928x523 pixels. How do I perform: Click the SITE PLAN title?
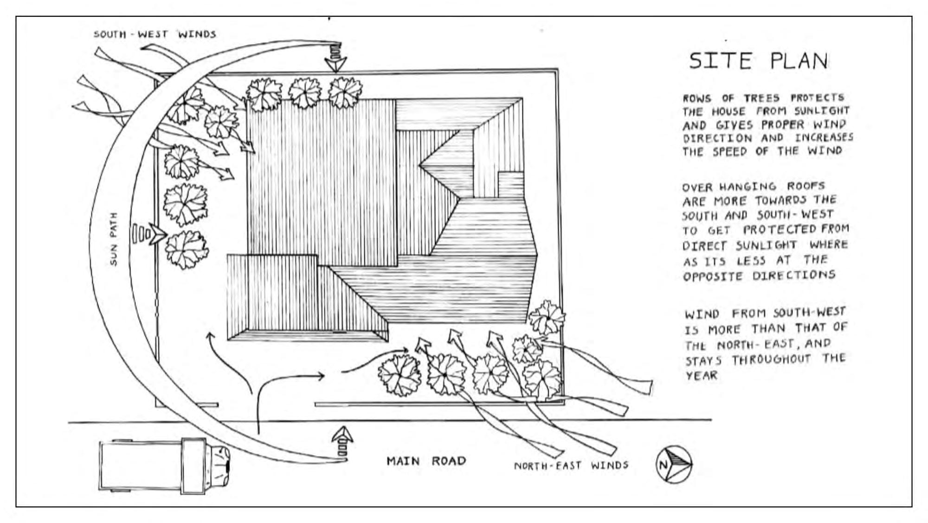758,61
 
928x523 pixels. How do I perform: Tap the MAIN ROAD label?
426,461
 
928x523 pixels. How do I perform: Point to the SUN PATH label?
114,239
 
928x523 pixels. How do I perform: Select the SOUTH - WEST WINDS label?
155,34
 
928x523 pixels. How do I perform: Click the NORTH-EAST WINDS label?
571,465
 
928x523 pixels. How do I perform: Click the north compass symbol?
674,464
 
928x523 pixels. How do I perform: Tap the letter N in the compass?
664,464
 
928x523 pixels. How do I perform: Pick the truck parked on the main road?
164,466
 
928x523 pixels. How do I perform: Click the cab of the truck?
217,466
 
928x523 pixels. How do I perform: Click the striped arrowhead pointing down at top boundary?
335,58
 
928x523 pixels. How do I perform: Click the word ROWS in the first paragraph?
697,98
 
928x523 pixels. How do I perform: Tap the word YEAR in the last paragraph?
701,375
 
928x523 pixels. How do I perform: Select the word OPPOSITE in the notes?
713,276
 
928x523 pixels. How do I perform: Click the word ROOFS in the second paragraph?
806,186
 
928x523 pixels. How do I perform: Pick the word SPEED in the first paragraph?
730,151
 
